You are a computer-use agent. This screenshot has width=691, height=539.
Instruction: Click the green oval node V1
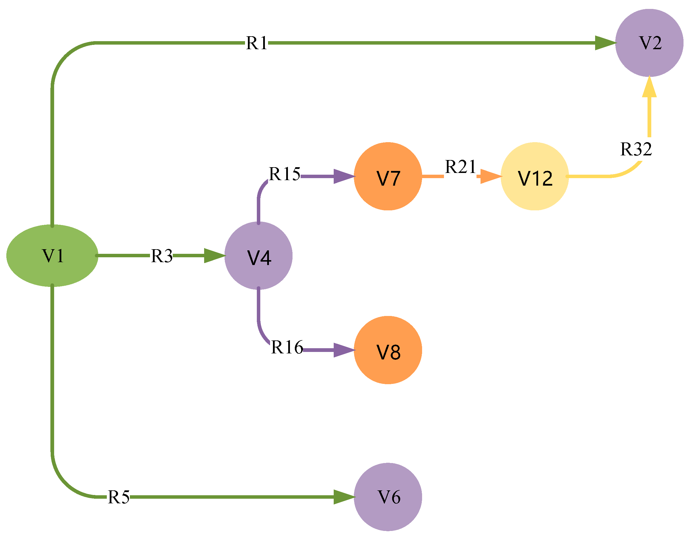click(x=52, y=256)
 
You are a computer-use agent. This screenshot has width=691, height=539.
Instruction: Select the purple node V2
click(x=649, y=43)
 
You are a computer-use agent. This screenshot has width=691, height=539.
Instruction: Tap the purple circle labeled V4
click(x=259, y=256)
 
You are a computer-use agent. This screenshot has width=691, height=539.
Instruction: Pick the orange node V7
click(x=388, y=176)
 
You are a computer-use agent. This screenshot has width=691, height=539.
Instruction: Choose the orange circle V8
click(x=388, y=350)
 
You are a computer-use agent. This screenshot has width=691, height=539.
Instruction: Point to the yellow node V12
click(x=535, y=176)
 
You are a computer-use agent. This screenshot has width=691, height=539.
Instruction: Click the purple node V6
click(x=388, y=497)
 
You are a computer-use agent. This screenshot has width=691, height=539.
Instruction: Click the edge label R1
click(x=257, y=43)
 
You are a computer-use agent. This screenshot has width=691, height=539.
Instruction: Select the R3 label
click(x=161, y=256)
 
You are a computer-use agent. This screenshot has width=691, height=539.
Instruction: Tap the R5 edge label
click(x=119, y=497)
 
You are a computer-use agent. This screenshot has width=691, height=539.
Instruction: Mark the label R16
click(x=287, y=347)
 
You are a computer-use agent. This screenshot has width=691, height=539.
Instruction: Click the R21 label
click(x=460, y=166)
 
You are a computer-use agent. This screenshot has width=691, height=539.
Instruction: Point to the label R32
click(x=636, y=149)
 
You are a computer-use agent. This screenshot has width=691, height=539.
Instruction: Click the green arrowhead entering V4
click(x=214, y=256)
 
